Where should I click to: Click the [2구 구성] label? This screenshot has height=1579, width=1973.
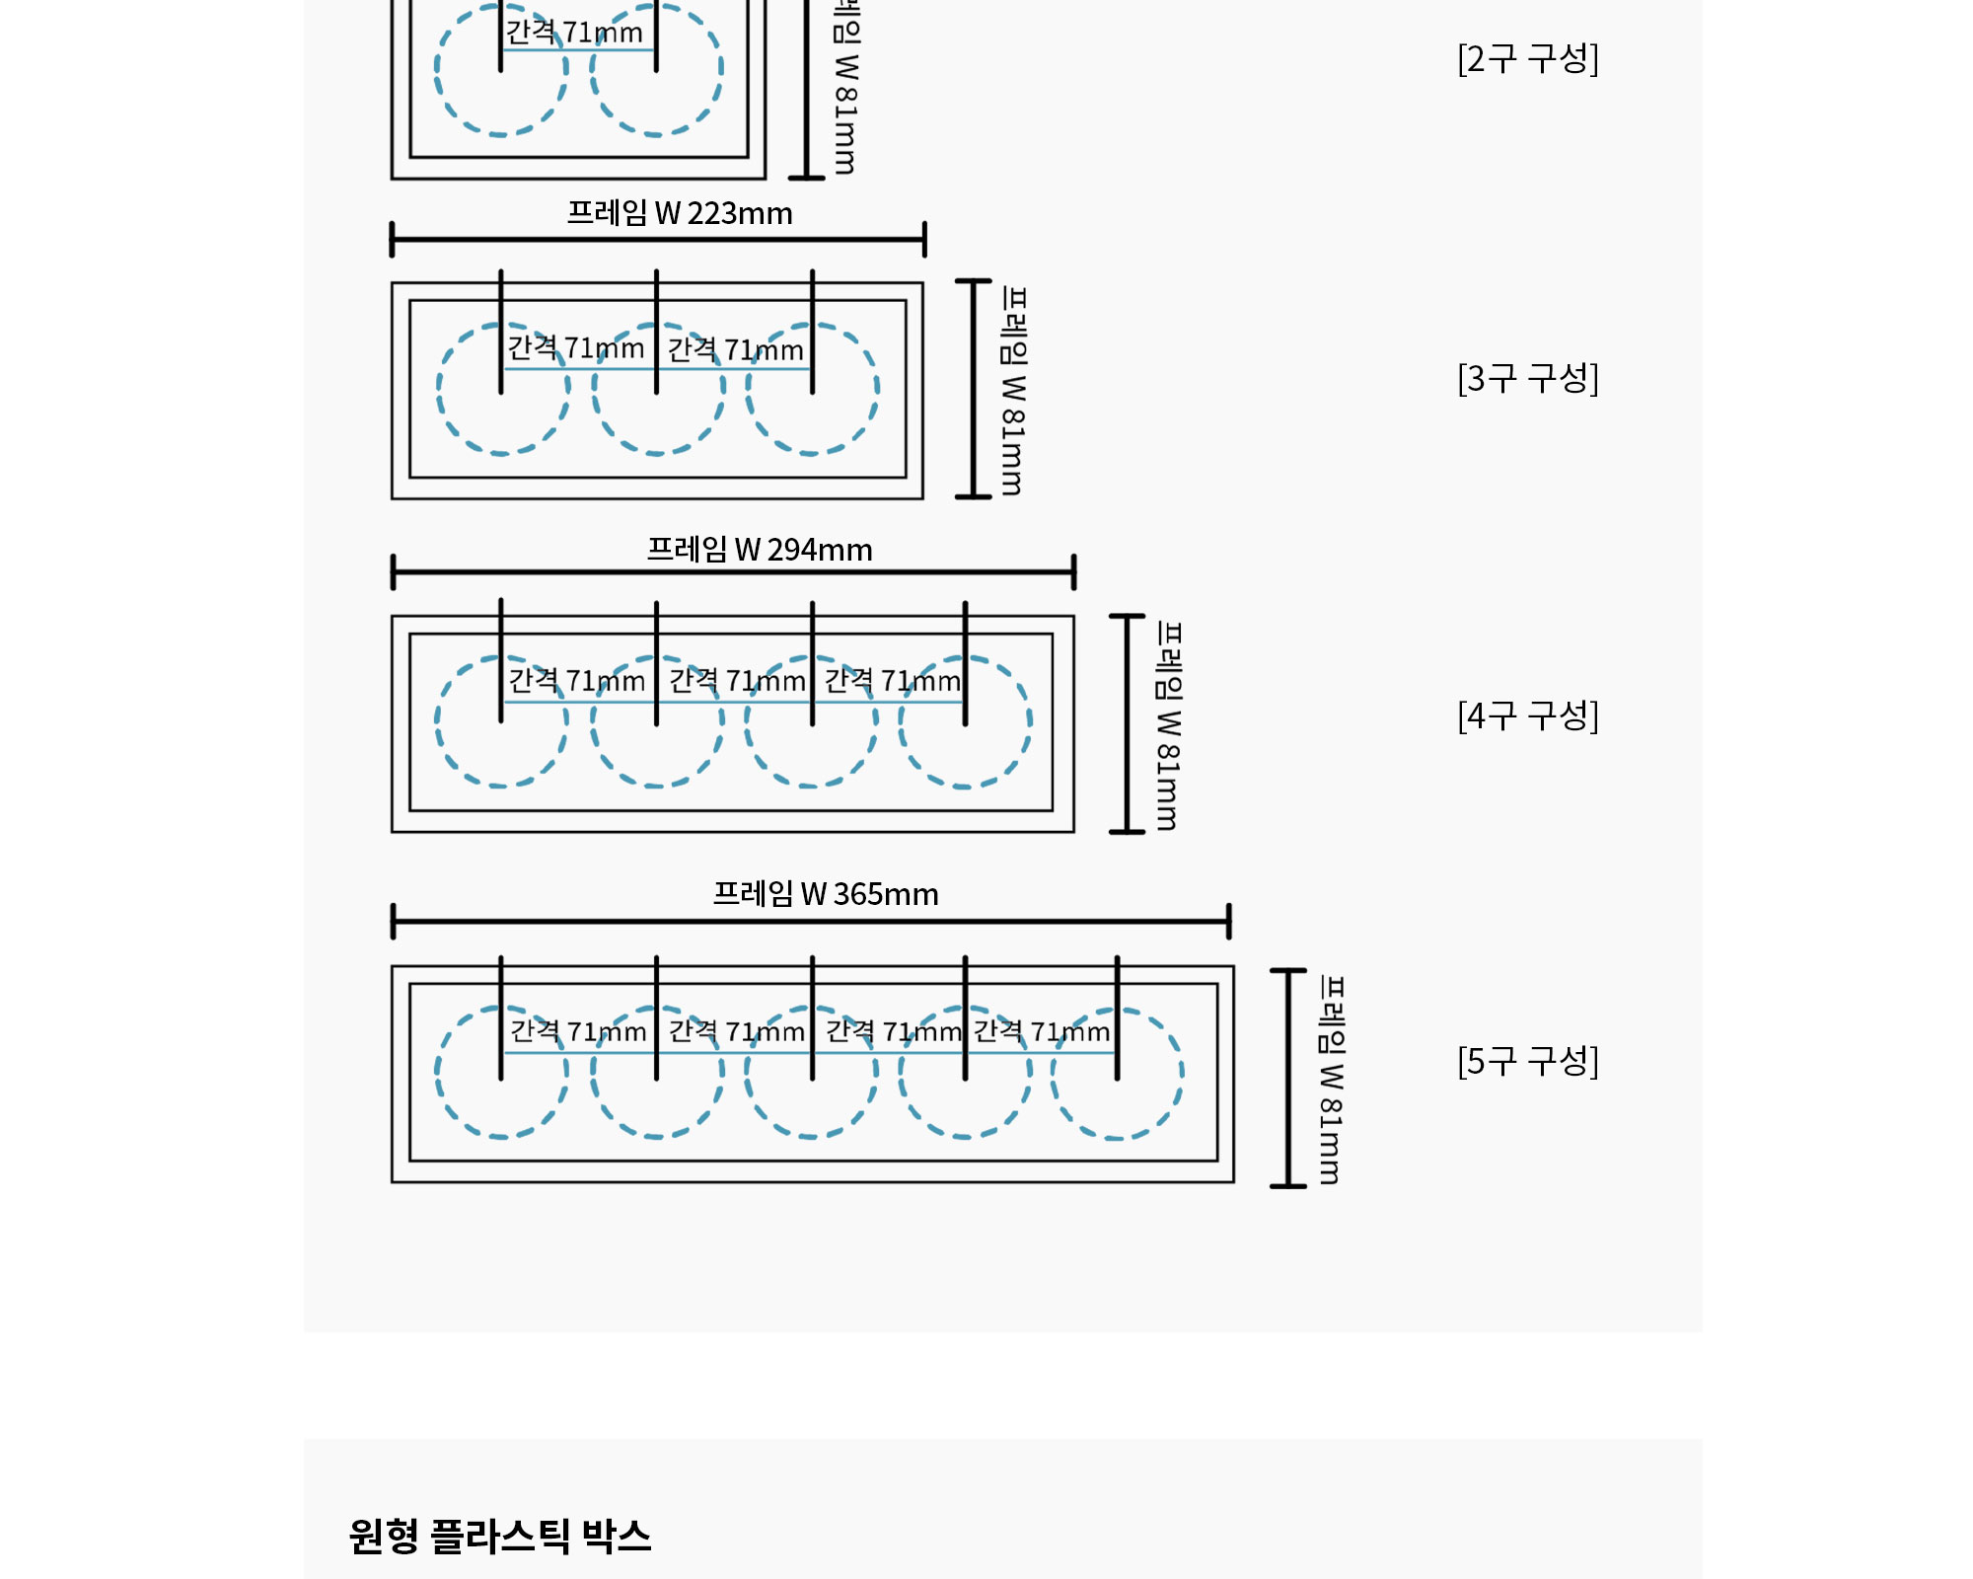point(1528,59)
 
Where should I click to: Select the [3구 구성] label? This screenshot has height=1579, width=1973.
point(1528,378)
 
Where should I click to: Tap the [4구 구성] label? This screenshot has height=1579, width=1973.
point(1528,715)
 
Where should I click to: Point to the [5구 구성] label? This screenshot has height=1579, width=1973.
point(1528,1061)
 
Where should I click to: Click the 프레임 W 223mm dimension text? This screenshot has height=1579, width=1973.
point(680,213)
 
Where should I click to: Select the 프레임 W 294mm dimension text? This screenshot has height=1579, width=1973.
point(760,550)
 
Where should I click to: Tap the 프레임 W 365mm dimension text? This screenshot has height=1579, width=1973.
point(826,894)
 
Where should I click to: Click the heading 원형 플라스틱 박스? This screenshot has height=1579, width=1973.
point(500,1537)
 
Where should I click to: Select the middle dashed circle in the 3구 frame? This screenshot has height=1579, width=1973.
point(593,389)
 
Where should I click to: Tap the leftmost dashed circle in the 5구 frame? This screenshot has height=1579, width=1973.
point(436,1072)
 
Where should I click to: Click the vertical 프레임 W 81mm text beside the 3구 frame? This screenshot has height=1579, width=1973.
point(1014,391)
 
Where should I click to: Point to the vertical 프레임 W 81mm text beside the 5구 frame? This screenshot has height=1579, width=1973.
point(1332,1080)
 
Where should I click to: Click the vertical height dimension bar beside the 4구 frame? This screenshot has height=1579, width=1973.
point(1127,723)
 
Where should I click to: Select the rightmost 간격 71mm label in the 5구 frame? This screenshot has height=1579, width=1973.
point(1042,1031)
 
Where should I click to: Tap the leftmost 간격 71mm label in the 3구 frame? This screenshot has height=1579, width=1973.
point(576,347)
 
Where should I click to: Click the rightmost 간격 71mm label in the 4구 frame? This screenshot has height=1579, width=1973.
point(893,680)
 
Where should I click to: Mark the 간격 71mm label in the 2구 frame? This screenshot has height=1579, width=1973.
point(574,33)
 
